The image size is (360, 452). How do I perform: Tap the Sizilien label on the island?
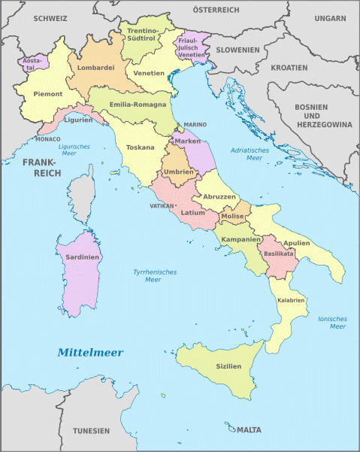228,366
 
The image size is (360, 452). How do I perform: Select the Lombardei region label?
95,68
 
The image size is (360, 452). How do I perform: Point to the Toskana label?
141,147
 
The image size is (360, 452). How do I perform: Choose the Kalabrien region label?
291,300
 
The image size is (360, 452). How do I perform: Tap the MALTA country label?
249,430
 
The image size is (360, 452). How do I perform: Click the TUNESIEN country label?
91,430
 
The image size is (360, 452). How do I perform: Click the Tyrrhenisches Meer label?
147,275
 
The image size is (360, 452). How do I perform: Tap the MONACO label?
47,139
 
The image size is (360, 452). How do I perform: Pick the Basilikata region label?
279,253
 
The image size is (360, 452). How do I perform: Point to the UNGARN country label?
330,17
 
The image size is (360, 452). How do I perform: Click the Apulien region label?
295,243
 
